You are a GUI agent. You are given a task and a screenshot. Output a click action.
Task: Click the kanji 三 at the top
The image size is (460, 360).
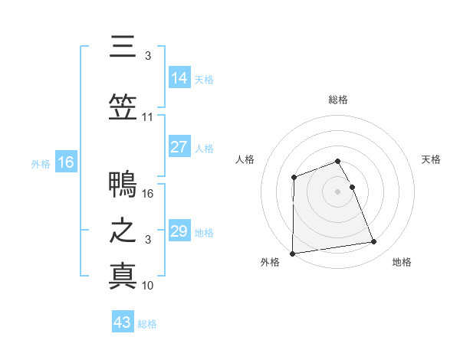click(123, 47)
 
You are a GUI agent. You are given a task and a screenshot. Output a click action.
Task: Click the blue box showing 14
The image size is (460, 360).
click(179, 78)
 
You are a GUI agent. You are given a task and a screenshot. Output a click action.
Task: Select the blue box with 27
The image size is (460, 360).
click(179, 147)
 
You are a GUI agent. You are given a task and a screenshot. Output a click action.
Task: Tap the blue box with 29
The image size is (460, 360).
click(179, 231)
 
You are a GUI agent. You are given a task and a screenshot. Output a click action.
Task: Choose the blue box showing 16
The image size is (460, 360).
click(66, 162)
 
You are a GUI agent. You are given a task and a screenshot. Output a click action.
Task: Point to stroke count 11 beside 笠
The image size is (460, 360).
click(148, 117)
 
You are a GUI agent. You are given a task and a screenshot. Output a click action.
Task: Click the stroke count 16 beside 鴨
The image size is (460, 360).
click(148, 194)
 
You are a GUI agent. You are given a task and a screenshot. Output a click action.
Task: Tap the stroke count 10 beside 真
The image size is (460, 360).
click(148, 286)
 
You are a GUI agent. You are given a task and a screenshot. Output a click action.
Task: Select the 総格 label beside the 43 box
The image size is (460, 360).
click(147, 324)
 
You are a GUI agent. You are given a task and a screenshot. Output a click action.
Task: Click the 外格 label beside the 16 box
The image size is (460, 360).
click(41, 163)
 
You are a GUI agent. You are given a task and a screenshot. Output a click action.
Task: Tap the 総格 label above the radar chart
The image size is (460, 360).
click(337, 100)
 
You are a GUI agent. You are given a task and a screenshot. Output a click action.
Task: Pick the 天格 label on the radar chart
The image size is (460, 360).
click(431, 159)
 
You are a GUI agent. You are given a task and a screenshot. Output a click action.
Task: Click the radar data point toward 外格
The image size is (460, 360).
click(292, 253)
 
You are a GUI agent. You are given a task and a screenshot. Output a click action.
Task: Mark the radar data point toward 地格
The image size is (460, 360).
click(374, 242)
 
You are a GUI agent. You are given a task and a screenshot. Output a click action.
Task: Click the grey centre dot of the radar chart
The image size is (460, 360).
click(337, 191)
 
